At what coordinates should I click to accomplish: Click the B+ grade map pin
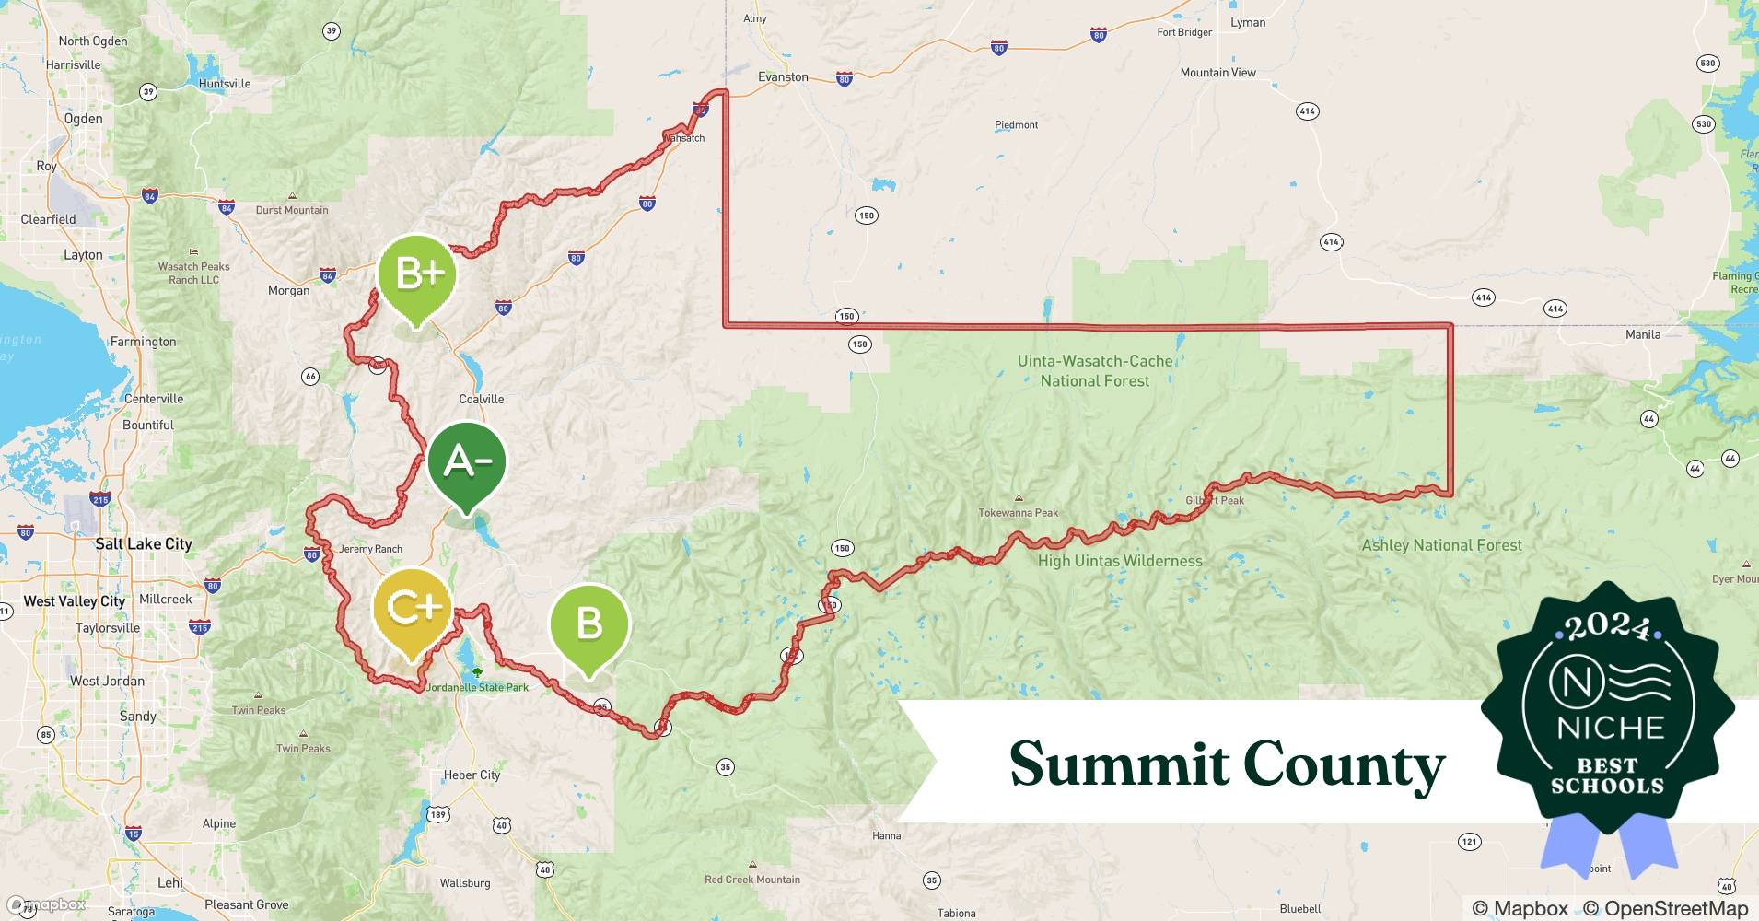coord(416,274)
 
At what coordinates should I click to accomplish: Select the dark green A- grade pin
coord(467,461)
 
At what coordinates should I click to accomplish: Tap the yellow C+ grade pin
coord(413,608)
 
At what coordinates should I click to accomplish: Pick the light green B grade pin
coord(588,624)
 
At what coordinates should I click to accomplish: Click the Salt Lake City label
coord(144,544)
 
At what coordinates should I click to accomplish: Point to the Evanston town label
coord(783,77)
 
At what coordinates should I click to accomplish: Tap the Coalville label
coord(481,399)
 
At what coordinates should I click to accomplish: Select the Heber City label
coord(472,775)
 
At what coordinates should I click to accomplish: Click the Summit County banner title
coord(1227,764)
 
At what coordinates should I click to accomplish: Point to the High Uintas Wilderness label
coord(1120,561)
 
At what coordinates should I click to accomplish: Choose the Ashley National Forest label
coord(1441,545)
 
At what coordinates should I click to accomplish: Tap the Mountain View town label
coord(1217,73)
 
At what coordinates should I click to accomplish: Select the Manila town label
coord(1643,334)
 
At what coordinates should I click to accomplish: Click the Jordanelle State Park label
coord(477,687)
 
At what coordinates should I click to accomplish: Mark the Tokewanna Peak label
coord(1018,513)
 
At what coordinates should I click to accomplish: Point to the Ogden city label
coord(83,119)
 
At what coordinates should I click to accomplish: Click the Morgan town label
coord(288,291)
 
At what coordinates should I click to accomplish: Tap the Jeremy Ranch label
coord(370,549)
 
